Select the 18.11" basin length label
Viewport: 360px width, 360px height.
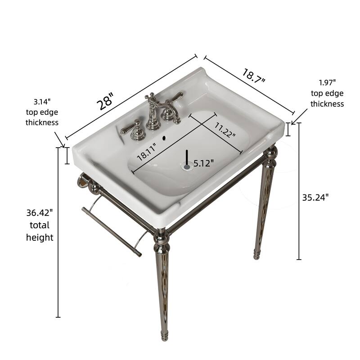click(x=147, y=151)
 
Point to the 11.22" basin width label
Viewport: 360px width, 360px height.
click(x=225, y=130)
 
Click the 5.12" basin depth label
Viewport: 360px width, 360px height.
click(x=203, y=163)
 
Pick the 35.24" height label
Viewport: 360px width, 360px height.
click(x=315, y=197)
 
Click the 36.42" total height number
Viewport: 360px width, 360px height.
click(x=40, y=211)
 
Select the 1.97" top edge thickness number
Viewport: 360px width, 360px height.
click(x=327, y=82)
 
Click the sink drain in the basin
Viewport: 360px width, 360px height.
click(x=187, y=166)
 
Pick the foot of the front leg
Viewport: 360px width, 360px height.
click(x=165, y=335)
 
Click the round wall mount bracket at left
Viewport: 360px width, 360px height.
click(x=82, y=181)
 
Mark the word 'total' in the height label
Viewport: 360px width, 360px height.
click(x=40, y=225)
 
